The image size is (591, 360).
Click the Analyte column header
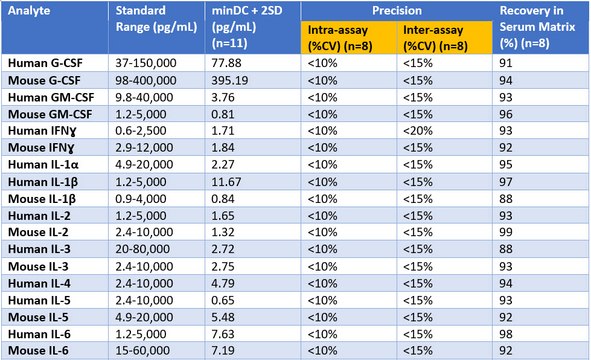point(29,11)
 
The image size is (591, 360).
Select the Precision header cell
point(397,11)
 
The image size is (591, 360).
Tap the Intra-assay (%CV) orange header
point(340,38)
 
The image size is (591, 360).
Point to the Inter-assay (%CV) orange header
point(435,38)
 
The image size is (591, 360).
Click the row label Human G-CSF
point(45,63)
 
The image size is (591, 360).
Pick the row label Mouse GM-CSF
point(50,114)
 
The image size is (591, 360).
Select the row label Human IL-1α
point(43,165)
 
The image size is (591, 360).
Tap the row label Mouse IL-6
point(38,351)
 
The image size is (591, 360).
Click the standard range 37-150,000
point(146,63)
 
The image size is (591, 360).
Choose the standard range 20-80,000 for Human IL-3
point(142,249)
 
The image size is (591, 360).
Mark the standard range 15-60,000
point(142,351)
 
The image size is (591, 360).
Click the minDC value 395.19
point(230,80)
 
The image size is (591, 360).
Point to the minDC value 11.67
point(226,182)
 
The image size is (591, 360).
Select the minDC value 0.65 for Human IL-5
point(223,300)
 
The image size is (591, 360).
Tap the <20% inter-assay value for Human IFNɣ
point(418,131)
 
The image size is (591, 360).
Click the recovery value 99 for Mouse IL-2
point(506,232)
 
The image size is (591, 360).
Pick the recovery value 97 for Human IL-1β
point(506,182)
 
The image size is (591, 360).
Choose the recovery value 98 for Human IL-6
point(506,334)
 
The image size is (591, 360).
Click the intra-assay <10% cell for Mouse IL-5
point(322,317)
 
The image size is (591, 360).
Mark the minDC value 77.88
point(226,63)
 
